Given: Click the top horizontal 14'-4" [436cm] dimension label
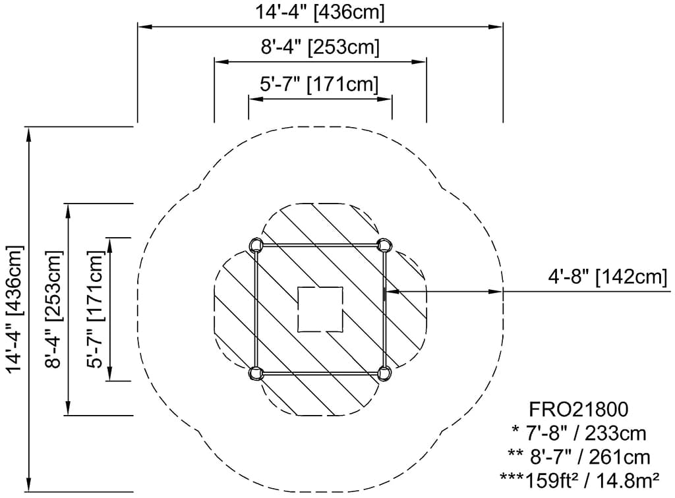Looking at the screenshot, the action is (x=320, y=12).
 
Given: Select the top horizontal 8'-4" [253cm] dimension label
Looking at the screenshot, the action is (x=320, y=47).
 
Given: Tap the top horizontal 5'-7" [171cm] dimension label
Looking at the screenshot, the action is (x=319, y=84).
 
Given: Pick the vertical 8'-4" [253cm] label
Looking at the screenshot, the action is (x=54, y=309).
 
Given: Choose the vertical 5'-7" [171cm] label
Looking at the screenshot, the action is (x=95, y=309).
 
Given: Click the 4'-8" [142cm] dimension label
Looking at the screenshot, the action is (x=607, y=277).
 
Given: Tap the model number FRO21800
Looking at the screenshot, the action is (x=578, y=410).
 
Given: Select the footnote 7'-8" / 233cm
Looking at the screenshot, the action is (x=579, y=433).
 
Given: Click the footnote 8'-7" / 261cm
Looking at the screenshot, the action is (x=579, y=456).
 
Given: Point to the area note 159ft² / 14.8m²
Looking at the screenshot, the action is (x=579, y=479).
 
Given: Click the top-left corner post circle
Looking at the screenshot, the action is (x=256, y=245).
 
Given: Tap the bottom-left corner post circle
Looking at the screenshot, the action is (x=256, y=373).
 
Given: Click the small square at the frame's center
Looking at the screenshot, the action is (x=320, y=309).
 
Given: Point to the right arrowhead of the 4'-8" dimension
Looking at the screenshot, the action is (x=496, y=292).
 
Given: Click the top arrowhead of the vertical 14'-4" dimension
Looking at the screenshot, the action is (x=29, y=134).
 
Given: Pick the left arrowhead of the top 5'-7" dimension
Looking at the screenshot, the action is (x=256, y=99).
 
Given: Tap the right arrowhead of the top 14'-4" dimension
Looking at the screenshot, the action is (x=496, y=26).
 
